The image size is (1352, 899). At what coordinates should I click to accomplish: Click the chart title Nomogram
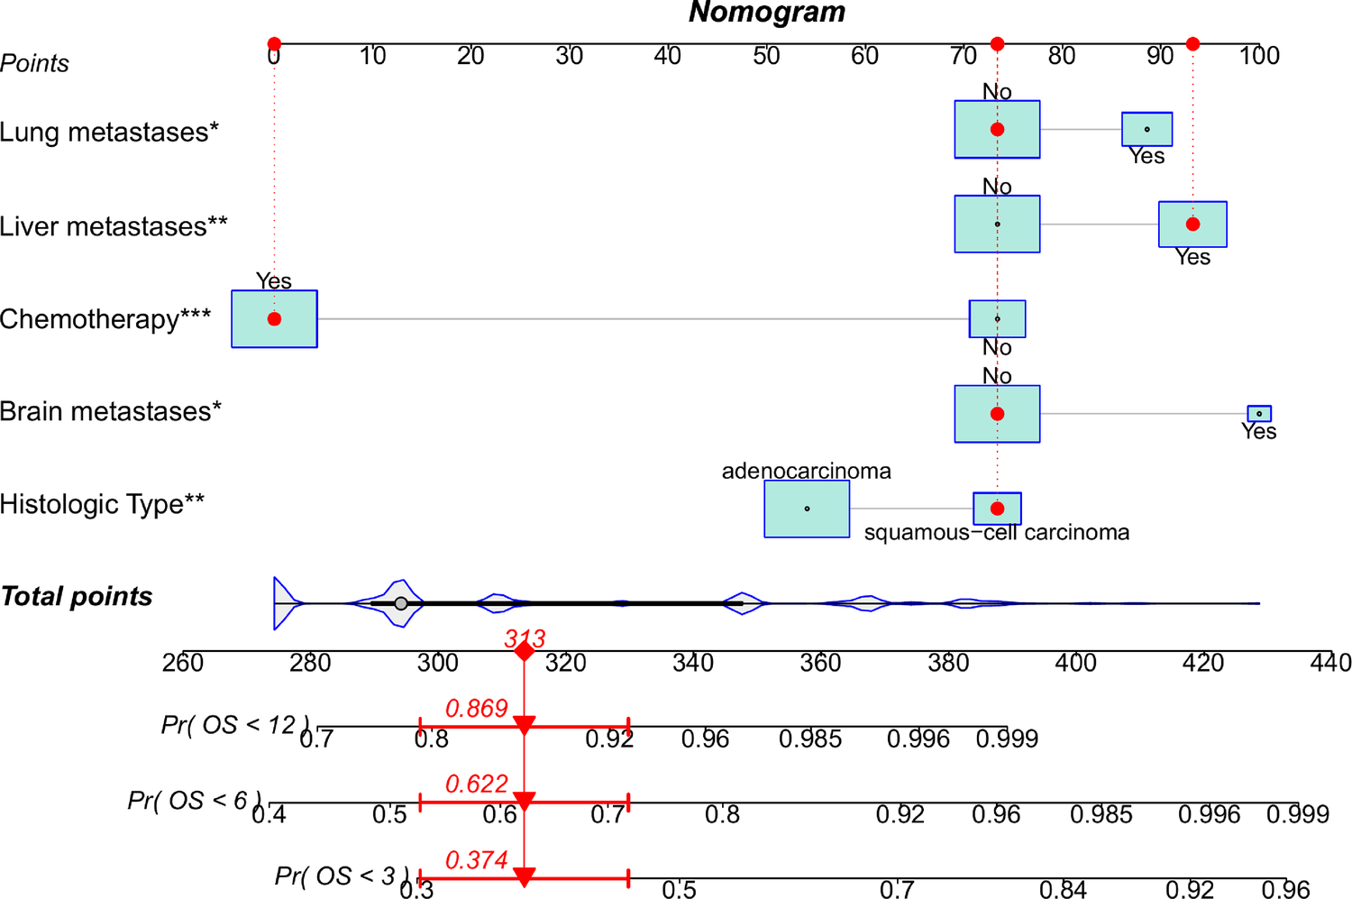767,13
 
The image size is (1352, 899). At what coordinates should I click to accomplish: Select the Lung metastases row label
109,133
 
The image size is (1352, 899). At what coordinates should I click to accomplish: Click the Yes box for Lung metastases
1146,129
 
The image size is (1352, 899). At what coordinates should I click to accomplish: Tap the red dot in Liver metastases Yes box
1192,225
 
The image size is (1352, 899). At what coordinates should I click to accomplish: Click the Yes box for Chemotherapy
274,319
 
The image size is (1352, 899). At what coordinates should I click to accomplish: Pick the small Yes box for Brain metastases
1259,414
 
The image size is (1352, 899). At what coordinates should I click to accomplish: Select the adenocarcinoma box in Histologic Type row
807,509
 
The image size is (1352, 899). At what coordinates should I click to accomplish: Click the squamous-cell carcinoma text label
996,533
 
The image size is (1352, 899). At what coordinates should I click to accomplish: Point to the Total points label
77,597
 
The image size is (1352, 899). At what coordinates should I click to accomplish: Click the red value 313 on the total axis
525,638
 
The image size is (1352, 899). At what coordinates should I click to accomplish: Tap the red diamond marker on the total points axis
524,651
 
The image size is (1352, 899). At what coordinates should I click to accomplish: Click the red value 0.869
477,709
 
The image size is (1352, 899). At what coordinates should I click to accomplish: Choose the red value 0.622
477,784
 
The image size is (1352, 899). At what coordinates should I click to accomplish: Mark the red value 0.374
477,860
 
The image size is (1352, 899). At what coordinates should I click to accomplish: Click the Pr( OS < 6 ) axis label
195,801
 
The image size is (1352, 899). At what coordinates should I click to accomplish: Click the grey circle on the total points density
401,603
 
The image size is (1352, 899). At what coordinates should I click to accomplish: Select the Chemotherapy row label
105,319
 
